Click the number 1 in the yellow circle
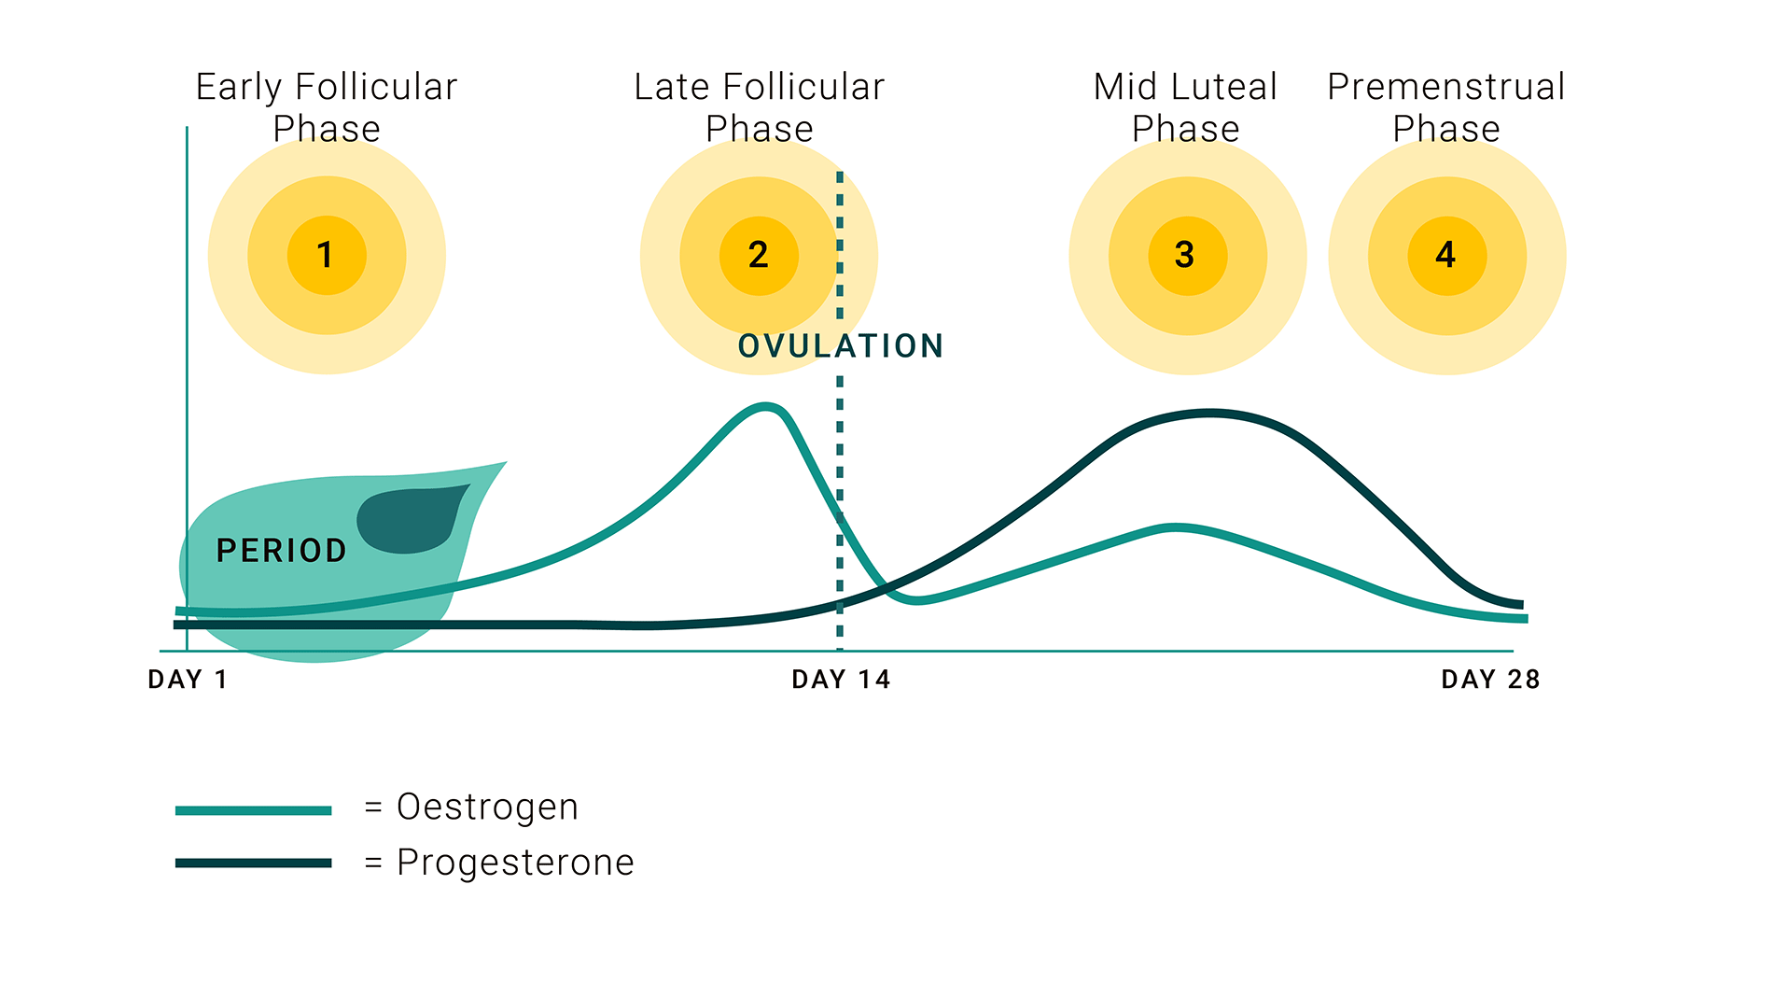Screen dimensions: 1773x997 click(325, 255)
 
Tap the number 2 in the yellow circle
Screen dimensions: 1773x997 click(758, 255)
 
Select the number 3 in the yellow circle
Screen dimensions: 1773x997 click(1185, 255)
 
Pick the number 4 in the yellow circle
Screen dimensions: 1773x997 click(1445, 255)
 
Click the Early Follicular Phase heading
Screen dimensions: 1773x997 click(327, 107)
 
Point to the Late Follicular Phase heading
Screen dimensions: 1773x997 click(760, 107)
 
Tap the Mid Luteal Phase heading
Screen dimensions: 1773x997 click(1186, 107)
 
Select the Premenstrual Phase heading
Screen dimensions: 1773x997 click(1446, 107)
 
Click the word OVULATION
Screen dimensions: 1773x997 click(841, 346)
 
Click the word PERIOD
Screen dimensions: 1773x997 click(281, 551)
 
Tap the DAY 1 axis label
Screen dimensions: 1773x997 click(188, 680)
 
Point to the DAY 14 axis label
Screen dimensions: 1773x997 click(841, 680)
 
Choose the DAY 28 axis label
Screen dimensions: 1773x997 click(1490, 680)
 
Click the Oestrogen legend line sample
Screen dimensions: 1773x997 click(254, 810)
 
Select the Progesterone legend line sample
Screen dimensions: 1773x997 click(254, 863)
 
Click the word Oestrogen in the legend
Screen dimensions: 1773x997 click(488, 807)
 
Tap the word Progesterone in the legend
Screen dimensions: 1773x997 click(515, 863)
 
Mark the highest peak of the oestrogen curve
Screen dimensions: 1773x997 click(766, 406)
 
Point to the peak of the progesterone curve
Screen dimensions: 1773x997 click(1209, 413)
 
